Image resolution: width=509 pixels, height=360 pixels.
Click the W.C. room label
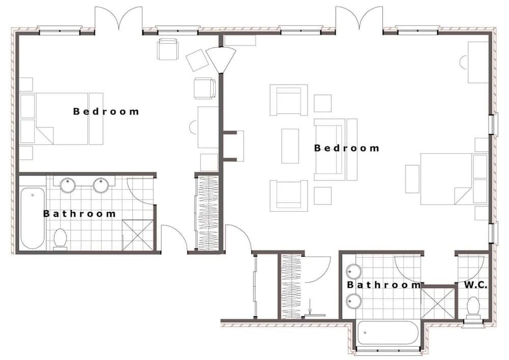click(475, 285)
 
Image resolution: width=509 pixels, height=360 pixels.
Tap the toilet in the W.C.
click(473, 307)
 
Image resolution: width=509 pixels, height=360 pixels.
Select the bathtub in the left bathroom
click(33, 218)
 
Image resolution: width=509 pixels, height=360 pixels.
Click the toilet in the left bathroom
click(61, 238)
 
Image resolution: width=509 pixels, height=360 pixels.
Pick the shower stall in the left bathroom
click(137, 235)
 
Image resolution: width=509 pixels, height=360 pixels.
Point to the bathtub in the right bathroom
click(388, 333)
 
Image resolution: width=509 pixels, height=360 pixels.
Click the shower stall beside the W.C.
click(438, 303)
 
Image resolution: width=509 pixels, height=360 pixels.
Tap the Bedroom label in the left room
click(106, 111)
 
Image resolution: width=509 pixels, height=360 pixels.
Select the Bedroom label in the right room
click(347, 148)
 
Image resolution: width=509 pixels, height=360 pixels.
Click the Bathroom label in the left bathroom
click(79, 214)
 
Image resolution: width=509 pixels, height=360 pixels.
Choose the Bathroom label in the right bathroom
click(384, 285)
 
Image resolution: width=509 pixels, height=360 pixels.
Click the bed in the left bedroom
click(61, 119)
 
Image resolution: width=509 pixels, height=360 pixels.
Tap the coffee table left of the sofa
click(290, 146)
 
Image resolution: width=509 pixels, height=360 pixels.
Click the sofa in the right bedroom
click(335, 149)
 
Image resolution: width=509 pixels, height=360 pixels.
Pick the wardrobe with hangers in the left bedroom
click(208, 212)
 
